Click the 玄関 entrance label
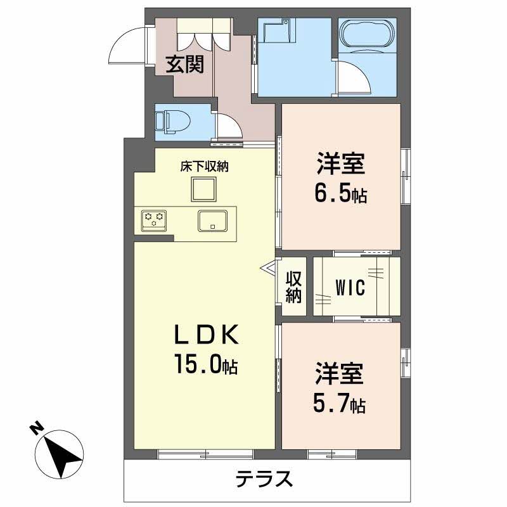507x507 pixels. click(x=185, y=64)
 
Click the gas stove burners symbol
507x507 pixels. click(x=154, y=219)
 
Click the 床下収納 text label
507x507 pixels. click(x=204, y=167)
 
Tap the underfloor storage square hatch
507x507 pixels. click(x=204, y=188)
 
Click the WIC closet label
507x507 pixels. click(x=350, y=288)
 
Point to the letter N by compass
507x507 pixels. click(x=36, y=429)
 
